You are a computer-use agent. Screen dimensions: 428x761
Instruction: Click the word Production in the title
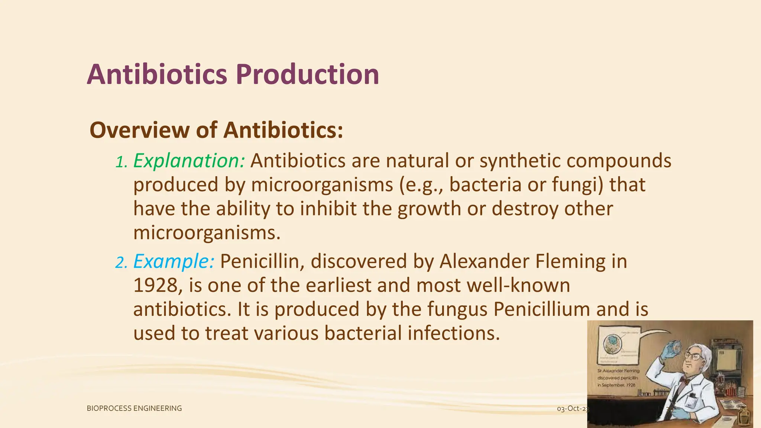click(307, 75)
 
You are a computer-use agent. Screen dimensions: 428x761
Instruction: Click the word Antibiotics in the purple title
click(157, 75)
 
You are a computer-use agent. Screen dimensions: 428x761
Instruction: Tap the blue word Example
click(174, 261)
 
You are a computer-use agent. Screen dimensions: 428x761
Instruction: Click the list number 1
click(121, 162)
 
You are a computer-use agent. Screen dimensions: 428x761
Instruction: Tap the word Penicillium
click(541, 309)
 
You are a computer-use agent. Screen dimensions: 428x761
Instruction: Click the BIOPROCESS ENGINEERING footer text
click(134, 408)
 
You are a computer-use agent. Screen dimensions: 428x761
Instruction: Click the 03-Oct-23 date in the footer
click(572, 409)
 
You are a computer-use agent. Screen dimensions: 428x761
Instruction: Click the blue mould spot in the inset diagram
click(610, 341)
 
